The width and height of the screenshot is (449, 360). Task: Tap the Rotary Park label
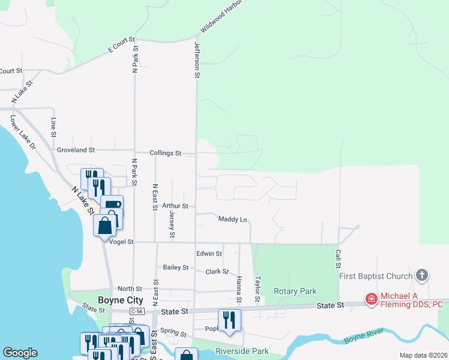tap(295, 292)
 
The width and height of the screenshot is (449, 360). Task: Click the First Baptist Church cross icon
tap(422, 275)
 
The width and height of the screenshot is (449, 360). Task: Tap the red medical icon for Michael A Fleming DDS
tap(372, 298)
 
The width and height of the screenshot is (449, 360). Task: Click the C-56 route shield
tap(137, 311)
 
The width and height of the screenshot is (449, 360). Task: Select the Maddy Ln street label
tap(232, 220)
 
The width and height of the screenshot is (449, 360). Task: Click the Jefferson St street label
tap(196, 60)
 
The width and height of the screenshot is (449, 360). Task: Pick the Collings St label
tap(165, 154)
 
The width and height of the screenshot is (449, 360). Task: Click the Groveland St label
tap(76, 149)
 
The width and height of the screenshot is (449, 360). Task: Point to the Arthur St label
tap(175, 206)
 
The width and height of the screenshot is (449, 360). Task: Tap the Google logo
tap(20, 353)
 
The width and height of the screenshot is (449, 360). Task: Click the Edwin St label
tap(209, 254)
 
